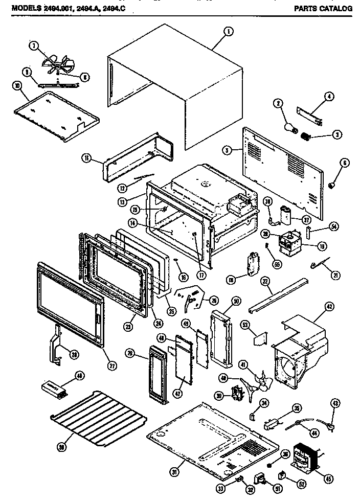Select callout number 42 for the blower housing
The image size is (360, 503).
click(329, 307)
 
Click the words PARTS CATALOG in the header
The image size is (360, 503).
click(323, 9)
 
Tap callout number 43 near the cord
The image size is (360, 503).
click(335, 404)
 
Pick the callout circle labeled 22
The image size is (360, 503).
click(265, 282)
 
